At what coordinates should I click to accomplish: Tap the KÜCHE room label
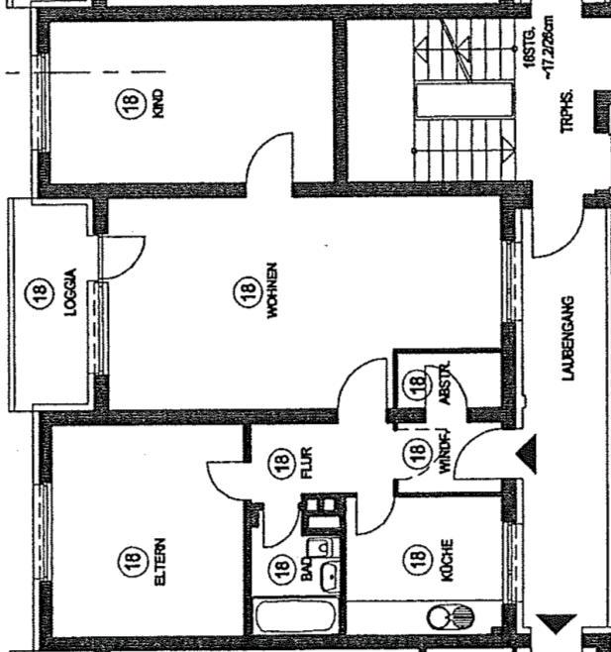(447, 560)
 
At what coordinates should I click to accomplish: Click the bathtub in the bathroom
(295, 618)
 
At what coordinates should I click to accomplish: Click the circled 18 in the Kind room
(131, 104)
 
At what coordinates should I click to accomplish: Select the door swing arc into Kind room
(265, 159)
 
